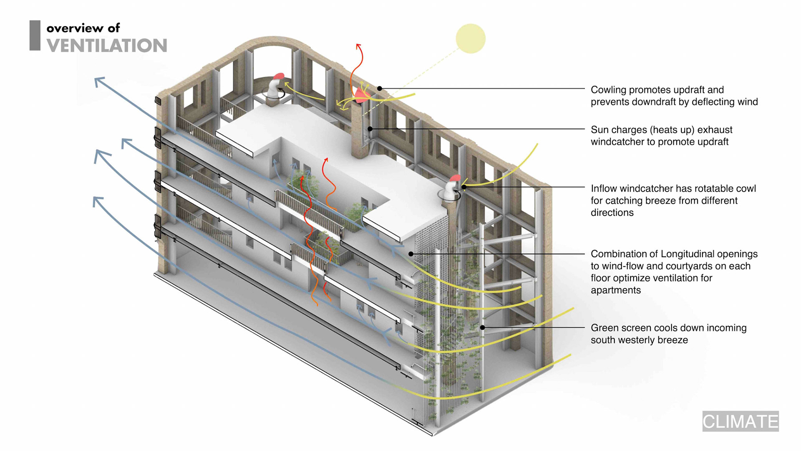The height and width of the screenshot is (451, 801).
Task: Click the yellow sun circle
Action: click(x=471, y=38)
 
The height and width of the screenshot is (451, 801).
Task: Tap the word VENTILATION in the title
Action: click(x=107, y=46)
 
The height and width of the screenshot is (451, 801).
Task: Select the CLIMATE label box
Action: click(x=740, y=421)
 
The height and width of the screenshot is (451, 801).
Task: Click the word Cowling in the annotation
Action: click(x=608, y=90)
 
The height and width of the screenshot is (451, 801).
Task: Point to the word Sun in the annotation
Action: click(x=599, y=130)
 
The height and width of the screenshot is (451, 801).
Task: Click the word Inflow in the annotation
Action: click(x=604, y=189)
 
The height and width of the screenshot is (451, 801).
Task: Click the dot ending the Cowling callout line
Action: click(x=380, y=89)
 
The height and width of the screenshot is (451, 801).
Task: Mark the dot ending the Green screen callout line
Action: click(x=482, y=328)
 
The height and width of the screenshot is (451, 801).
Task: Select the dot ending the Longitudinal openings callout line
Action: click(x=411, y=254)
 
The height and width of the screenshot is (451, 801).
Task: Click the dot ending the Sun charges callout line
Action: click(x=370, y=129)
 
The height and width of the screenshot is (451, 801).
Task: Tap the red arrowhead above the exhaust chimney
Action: click(x=358, y=45)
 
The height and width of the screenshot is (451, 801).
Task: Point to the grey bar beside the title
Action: click(x=35, y=35)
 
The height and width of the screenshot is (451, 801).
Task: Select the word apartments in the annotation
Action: click(x=615, y=290)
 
